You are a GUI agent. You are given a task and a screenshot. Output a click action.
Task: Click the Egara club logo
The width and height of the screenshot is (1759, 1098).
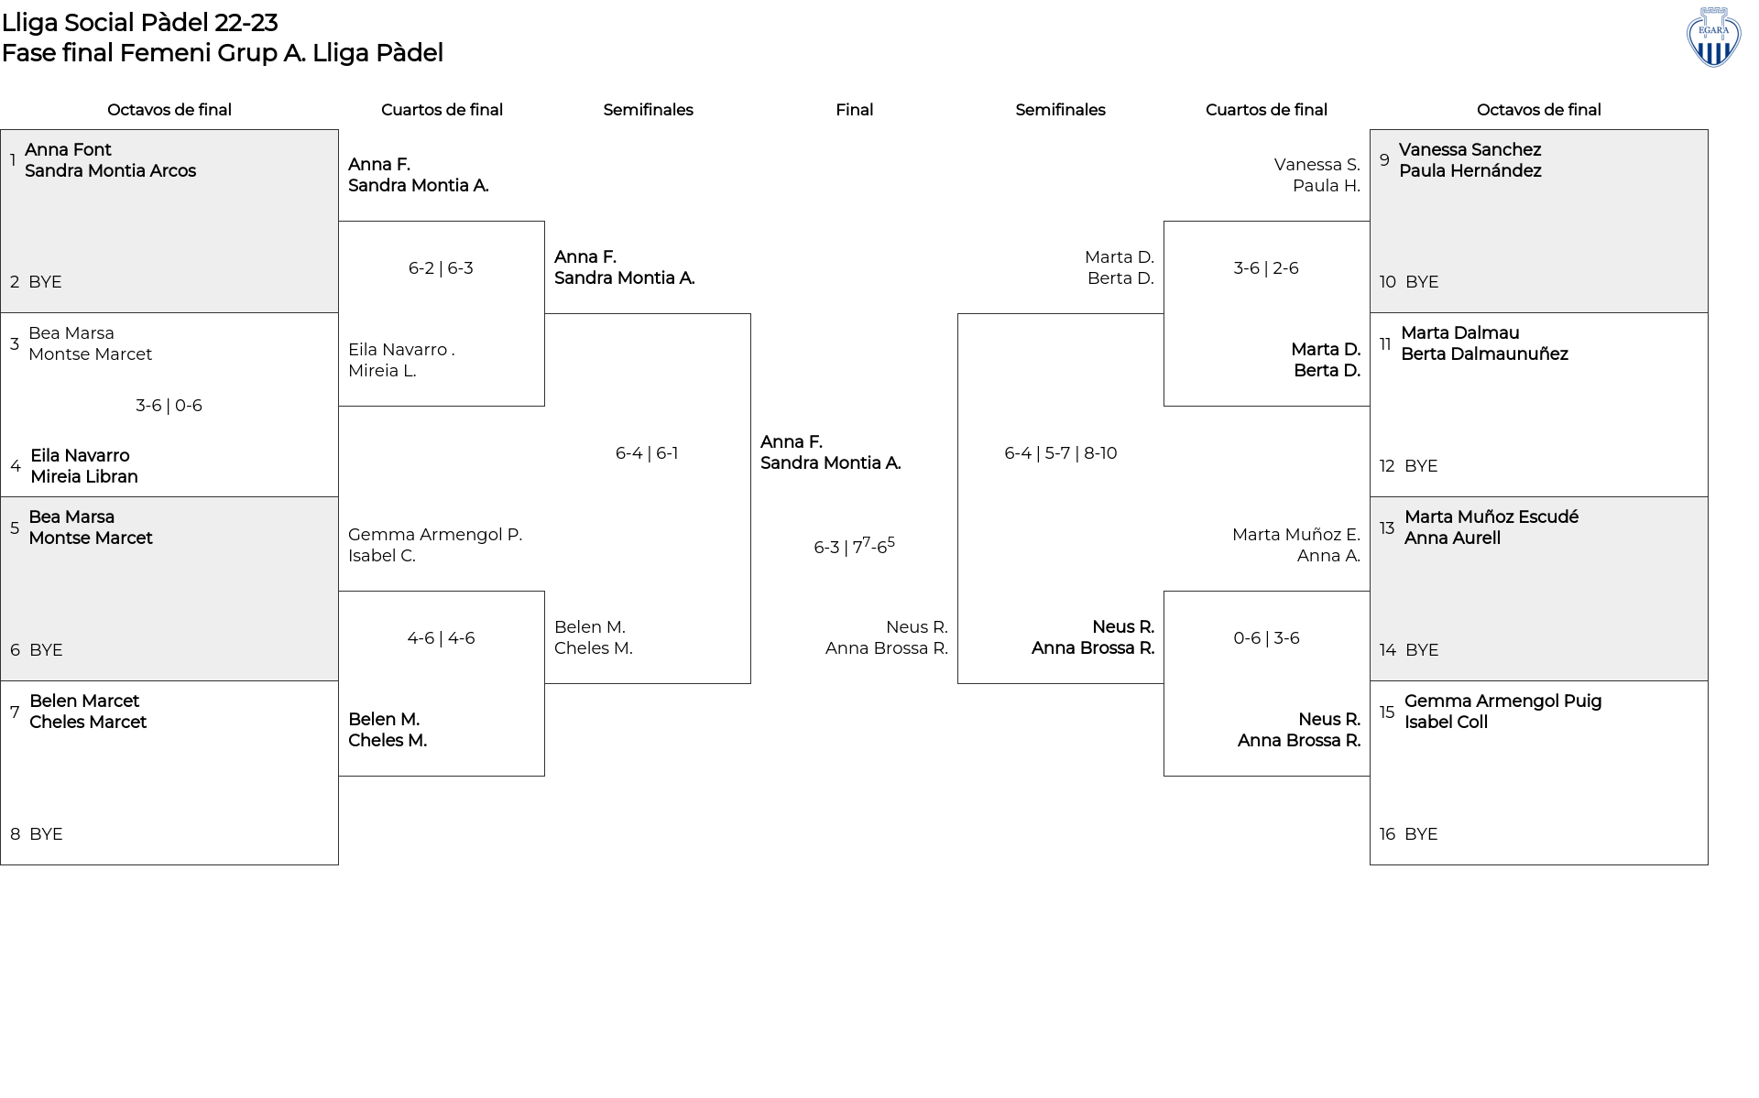pyautogui.click(x=1713, y=38)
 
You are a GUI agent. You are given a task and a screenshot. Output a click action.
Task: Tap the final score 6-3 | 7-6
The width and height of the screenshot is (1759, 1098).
pyautogui.click(x=854, y=546)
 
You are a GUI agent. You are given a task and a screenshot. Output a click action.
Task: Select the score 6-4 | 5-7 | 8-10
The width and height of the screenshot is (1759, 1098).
pyautogui.click(x=1060, y=453)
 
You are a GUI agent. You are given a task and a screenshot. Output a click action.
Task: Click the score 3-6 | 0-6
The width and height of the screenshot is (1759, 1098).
pyautogui.click(x=169, y=406)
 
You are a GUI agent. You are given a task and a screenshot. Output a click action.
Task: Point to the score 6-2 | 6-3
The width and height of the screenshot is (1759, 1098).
pyautogui.click(x=441, y=268)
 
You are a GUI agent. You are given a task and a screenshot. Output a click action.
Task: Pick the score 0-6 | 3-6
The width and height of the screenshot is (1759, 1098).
pyautogui.click(x=1266, y=638)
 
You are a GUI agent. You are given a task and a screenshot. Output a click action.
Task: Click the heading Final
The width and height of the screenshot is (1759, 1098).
pyautogui.click(x=854, y=110)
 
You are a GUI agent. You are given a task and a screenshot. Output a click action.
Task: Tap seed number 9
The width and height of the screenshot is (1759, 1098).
pyautogui.click(x=1384, y=160)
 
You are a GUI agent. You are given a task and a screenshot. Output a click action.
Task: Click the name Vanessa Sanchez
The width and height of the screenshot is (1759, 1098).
pyautogui.click(x=1469, y=149)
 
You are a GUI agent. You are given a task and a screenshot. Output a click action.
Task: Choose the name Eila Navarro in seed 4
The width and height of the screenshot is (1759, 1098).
pyautogui.click(x=80, y=455)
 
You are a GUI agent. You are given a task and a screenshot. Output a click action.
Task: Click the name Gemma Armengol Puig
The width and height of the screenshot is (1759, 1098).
pyautogui.click(x=1502, y=701)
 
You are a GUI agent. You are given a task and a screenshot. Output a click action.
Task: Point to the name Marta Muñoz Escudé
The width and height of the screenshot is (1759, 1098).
pyautogui.click(x=1491, y=516)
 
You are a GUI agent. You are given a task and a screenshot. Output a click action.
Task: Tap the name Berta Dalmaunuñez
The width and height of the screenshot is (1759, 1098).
pyautogui.click(x=1484, y=353)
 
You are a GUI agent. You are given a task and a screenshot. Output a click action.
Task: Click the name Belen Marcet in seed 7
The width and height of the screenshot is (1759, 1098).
pyautogui.click(x=84, y=701)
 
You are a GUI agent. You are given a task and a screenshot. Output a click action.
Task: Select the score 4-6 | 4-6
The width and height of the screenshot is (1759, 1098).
pyautogui.click(x=441, y=638)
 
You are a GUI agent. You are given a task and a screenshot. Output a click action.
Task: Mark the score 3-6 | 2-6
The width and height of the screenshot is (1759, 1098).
pyautogui.click(x=1266, y=268)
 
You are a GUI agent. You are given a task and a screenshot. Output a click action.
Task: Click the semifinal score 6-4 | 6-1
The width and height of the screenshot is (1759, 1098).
pyautogui.click(x=647, y=453)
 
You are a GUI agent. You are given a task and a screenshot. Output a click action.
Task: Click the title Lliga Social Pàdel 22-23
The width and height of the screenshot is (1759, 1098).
pyautogui.click(x=139, y=22)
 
